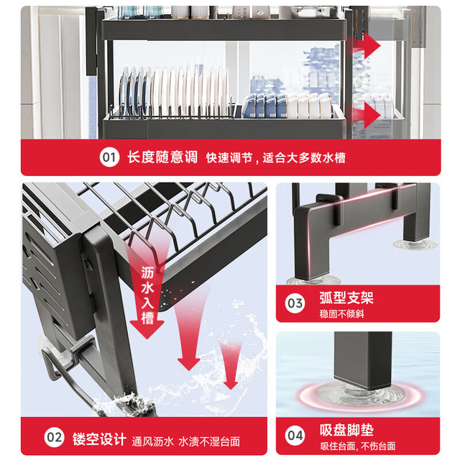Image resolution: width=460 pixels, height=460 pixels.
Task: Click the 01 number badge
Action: click(109, 157)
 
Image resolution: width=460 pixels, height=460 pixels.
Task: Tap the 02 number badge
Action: click(55, 437)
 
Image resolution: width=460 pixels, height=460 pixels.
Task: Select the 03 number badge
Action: click(295, 303)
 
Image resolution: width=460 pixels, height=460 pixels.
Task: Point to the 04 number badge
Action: click(295, 436)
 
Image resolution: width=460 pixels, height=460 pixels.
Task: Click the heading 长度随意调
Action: click(162, 157)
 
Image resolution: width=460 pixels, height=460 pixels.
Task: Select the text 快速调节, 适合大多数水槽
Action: click(276, 158)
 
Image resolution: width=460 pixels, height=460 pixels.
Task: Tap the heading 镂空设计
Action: click(99, 439)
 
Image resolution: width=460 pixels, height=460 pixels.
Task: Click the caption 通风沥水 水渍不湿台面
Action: click(186, 441)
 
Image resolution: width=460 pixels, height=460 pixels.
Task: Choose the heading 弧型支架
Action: click(346, 298)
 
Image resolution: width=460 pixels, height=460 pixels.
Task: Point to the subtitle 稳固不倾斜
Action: click(342, 314)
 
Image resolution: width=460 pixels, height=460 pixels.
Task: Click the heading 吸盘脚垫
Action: click(346, 430)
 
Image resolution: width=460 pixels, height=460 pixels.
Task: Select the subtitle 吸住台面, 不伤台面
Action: click(358, 446)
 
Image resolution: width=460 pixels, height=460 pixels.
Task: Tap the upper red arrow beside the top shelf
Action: click(363, 46)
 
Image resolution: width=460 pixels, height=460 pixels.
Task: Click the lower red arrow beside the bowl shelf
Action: click(363, 115)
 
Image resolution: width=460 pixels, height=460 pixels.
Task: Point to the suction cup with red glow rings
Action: click(361, 395)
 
